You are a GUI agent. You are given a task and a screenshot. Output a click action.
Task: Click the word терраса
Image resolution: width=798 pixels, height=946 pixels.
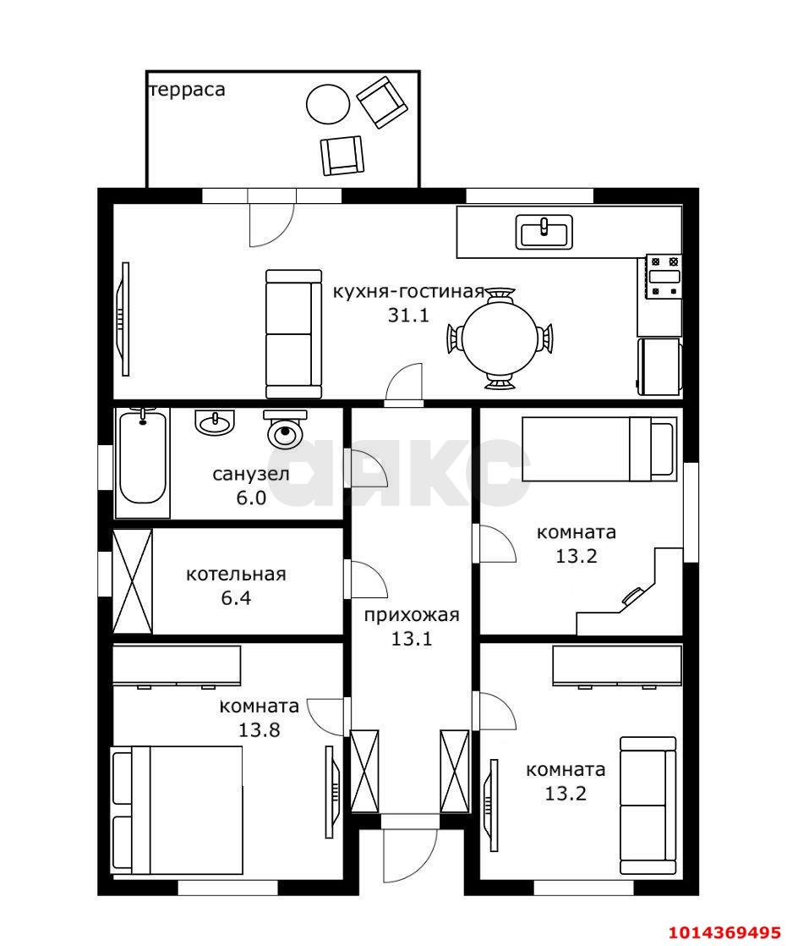(187, 90)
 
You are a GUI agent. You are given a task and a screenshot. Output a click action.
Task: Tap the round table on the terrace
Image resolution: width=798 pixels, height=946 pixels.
(328, 104)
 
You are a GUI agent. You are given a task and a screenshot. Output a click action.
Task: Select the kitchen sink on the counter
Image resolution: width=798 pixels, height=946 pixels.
(544, 232)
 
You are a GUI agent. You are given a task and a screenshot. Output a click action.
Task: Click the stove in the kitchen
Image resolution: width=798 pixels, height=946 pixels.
(664, 277)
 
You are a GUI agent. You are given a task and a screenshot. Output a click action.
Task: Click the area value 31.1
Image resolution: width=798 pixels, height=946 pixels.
(408, 315)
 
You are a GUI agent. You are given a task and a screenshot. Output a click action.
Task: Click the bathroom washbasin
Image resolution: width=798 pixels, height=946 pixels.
(215, 422)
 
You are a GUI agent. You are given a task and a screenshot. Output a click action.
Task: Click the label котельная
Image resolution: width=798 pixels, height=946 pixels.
(236, 574)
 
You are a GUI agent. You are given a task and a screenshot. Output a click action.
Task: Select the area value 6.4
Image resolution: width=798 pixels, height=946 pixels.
(236, 598)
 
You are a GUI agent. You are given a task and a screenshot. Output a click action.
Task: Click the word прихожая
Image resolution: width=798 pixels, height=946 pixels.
(412, 615)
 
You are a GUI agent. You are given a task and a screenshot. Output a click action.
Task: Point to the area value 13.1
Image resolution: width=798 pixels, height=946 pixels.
(412, 638)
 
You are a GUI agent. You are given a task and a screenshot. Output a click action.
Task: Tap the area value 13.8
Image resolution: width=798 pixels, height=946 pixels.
(260, 730)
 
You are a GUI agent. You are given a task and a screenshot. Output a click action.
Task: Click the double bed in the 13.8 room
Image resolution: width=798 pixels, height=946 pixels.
(177, 809)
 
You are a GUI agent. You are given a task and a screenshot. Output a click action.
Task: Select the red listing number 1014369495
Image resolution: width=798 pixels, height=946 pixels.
(725, 932)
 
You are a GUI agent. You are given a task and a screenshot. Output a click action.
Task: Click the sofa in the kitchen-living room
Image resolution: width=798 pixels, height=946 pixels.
(293, 333)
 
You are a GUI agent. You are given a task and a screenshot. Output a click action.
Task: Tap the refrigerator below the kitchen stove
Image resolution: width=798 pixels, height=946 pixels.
(660, 367)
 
